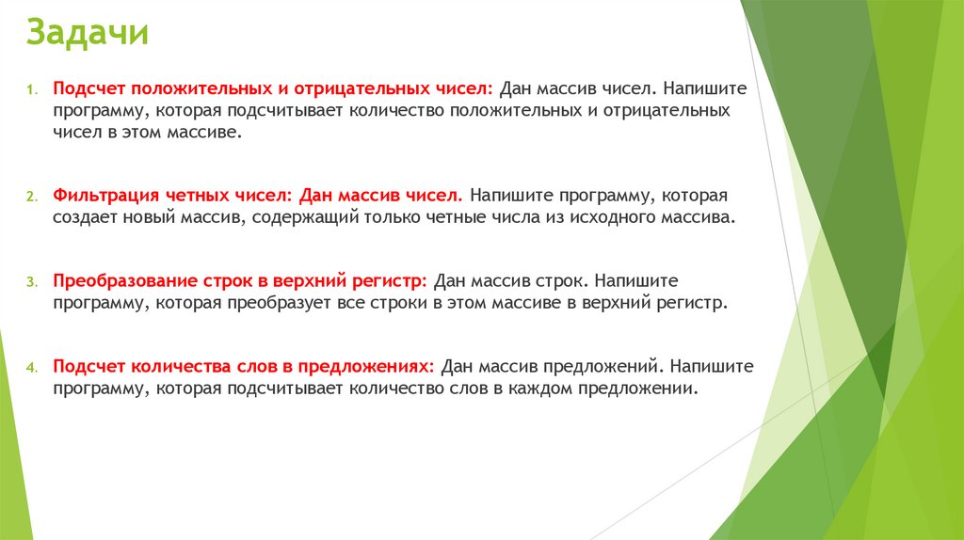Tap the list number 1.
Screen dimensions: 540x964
pos(30,91)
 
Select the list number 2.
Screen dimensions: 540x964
pos(30,199)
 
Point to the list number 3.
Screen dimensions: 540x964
pos(30,282)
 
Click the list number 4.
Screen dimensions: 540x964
pos(30,367)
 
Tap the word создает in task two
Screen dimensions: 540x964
pos(83,218)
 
